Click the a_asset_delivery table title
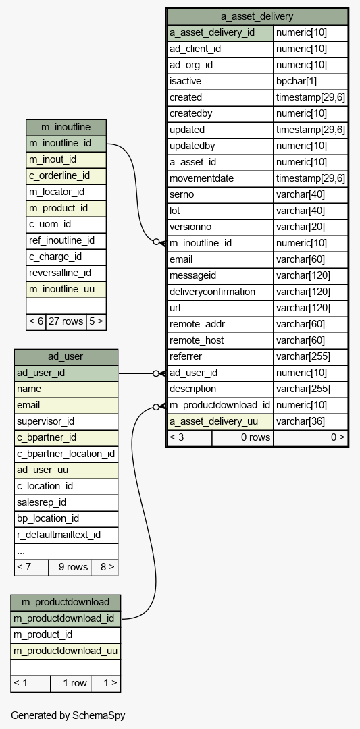coord(257,16)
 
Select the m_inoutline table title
coord(66,127)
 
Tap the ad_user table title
coord(66,356)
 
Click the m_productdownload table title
coord(66,602)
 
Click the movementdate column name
coord(201,178)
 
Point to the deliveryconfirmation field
coord(212,292)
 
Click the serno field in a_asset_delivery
coord(182,194)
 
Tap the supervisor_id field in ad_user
coord(45,421)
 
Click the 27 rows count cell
coord(66,321)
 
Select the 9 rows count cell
coord(73,567)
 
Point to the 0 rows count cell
coord(255,437)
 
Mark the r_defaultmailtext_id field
coord(59,535)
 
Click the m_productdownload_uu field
coord(66,651)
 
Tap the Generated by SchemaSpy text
coord(68,715)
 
